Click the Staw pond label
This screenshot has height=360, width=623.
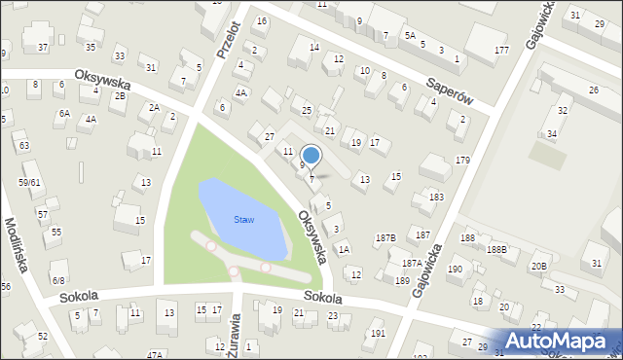click(x=243, y=220)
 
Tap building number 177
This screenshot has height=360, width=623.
click(x=501, y=50)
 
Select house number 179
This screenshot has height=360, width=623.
click(x=462, y=160)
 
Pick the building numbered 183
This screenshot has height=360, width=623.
click(x=436, y=198)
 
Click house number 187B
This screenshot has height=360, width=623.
click(x=385, y=237)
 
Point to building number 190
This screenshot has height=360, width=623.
click(x=455, y=270)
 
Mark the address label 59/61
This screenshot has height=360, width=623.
click(x=28, y=182)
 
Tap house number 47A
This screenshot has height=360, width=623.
click(x=155, y=355)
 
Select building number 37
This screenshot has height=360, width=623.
click(x=42, y=48)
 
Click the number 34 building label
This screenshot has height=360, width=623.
click(x=552, y=133)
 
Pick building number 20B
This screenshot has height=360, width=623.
click(x=538, y=266)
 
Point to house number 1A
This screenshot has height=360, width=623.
click(x=344, y=249)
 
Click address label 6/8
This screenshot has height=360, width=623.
click(x=57, y=279)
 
